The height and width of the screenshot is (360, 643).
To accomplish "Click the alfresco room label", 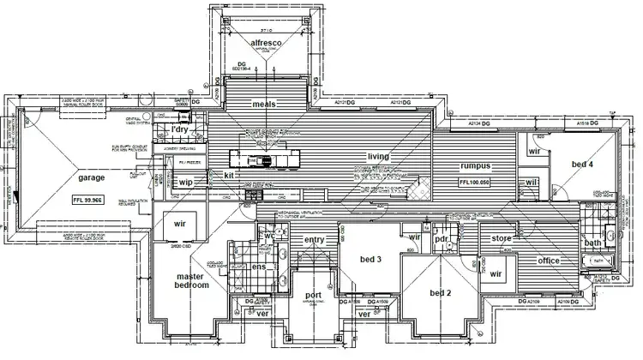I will click(266, 42).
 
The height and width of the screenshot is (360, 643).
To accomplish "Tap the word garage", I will click(92, 178).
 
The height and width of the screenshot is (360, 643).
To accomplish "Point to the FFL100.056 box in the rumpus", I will click(474, 183).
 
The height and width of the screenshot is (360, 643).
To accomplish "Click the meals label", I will click(263, 104).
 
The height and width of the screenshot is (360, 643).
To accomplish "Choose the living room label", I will click(378, 157).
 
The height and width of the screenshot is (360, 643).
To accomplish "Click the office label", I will click(548, 261).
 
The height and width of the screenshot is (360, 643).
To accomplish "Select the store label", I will click(502, 237).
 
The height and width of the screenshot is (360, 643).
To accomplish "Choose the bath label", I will click(593, 243).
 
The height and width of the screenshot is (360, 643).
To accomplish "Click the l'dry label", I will click(180, 129).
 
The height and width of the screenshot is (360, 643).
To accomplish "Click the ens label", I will click(260, 267).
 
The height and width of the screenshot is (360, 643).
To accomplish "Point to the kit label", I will click(230, 175).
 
